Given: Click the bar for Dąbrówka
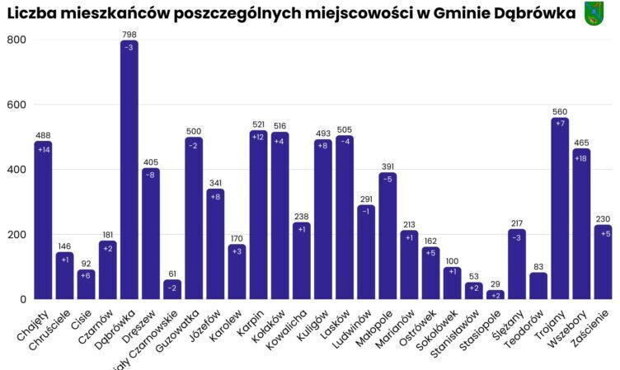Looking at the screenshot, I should [x=129, y=173].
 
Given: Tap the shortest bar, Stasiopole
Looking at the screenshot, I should [x=495, y=294].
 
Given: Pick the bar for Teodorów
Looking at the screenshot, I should [x=538, y=285].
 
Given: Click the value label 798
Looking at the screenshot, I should [x=129, y=35].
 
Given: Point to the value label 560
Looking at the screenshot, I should [x=560, y=111].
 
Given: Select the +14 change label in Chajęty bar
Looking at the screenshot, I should [x=44, y=149].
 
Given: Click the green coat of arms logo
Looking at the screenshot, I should [x=594, y=12].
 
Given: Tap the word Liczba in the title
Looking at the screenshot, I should [x=31, y=13].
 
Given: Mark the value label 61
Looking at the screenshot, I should [x=172, y=274].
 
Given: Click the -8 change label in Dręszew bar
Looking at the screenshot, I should [x=151, y=175].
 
